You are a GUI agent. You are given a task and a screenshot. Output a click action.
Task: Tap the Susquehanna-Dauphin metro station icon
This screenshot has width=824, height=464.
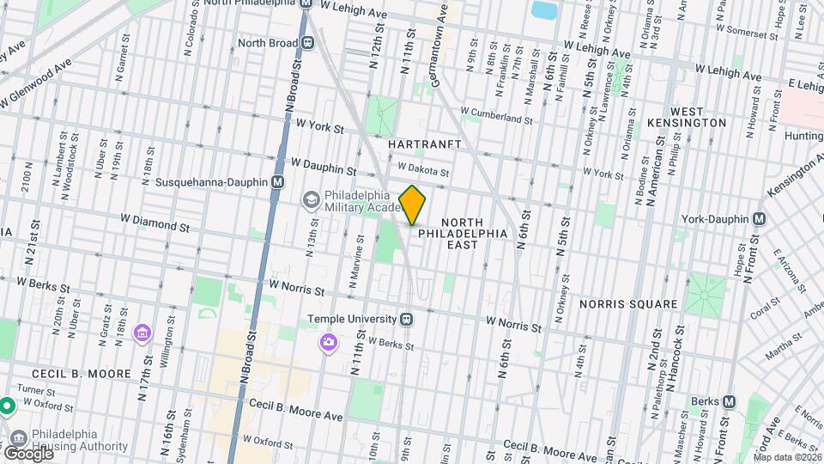tap(277, 182)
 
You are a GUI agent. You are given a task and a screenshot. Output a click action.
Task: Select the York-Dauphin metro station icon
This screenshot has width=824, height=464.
tap(759, 219)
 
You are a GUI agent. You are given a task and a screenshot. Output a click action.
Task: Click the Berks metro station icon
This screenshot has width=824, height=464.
tap(730, 401)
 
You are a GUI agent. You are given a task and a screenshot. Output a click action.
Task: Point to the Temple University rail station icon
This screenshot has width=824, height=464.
tap(408, 319)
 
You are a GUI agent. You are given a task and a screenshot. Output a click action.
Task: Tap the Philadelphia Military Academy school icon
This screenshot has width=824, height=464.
tap(310, 199)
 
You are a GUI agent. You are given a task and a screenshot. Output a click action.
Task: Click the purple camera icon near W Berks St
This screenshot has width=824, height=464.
tap(328, 344)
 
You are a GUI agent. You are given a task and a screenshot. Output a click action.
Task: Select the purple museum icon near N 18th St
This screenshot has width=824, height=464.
tap(143, 332)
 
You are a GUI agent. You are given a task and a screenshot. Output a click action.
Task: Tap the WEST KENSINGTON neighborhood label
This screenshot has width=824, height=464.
tap(698, 117)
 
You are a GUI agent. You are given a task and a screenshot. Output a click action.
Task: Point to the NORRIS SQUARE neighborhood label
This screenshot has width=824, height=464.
tap(627, 304)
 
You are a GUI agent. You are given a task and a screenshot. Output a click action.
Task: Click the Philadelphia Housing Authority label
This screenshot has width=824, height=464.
tap(79, 440)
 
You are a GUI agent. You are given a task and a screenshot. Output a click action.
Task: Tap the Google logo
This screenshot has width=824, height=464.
tap(27, 453)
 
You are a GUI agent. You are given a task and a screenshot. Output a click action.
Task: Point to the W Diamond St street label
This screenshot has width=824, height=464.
tap(154, 226)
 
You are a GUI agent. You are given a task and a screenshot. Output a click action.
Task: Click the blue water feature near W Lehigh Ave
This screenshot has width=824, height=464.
tap(543, 10)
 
